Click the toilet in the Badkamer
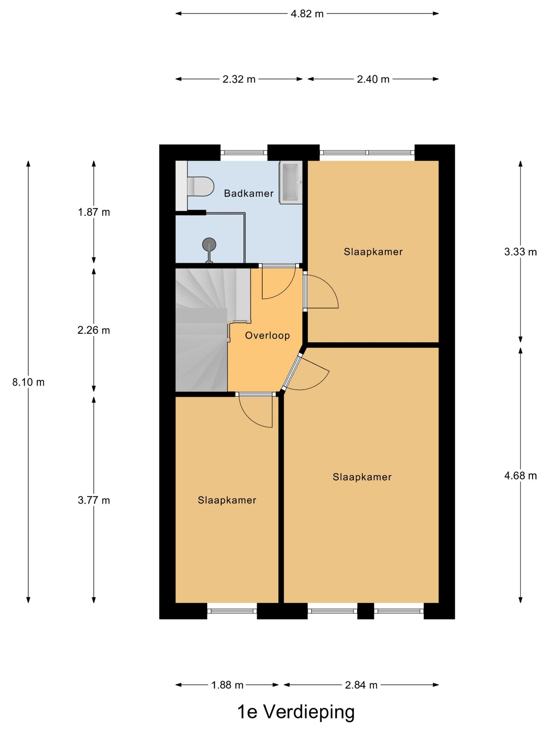[201, 186]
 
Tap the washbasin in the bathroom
[291, 182]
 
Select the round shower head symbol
[209, 244]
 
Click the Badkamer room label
[249, 193]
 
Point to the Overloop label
[267, 335]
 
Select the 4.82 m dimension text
[307, 14]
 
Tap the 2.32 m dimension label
[239, 79]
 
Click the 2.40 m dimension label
[373, 79]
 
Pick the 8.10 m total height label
[28, 382]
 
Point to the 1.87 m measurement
[94, 212]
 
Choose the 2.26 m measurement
[94, 330]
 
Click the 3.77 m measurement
[94, 500]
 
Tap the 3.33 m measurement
[520, 252]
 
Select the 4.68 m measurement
[520, 476]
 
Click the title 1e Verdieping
[296, 712]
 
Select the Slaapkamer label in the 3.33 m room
[373, 252]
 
